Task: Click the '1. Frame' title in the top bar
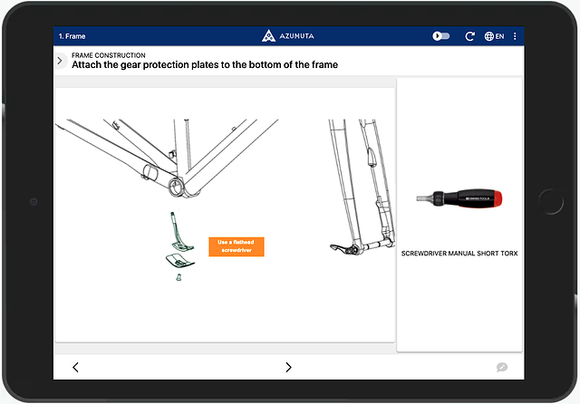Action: pos(72,36)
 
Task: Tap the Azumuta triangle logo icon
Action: pos(267,36)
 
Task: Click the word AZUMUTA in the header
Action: pos(297,36)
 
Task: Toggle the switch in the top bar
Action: pos(441,36)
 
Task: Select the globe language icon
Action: pos(490,36)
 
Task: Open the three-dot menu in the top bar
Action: pos(515,36)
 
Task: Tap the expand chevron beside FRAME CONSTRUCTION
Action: pos(60,61)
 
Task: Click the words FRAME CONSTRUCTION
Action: pos(108,55)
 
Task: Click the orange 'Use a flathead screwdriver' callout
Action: pos(236,246)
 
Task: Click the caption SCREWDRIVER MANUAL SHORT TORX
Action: pos(459,254)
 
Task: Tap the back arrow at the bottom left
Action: pos(75,367)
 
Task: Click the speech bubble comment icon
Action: pos(501,367)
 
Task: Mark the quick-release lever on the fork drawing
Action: pos(337,247)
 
